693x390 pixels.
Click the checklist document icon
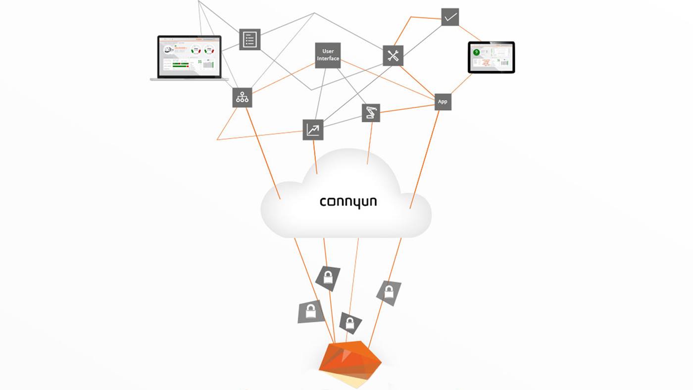(249, 39)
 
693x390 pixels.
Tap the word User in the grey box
(328, 51)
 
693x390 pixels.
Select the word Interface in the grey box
(328, 58)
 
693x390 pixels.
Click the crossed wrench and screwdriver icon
(393, 55)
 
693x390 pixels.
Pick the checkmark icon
(450, 17)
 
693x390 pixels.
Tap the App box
(443, 101)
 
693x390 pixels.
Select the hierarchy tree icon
(242, 97)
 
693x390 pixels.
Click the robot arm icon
(371, 113)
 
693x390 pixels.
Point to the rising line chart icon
(313, 130)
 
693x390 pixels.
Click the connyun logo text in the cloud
(348, 202)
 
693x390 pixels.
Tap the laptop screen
(189, 57)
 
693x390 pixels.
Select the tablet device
(491, 57)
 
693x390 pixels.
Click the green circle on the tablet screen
(477, 51)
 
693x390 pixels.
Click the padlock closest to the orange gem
(350, 324)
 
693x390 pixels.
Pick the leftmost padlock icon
(310, 312)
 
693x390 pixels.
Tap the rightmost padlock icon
(389, 292)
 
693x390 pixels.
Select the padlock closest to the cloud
(328, 278)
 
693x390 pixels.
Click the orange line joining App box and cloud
(425, 158)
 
